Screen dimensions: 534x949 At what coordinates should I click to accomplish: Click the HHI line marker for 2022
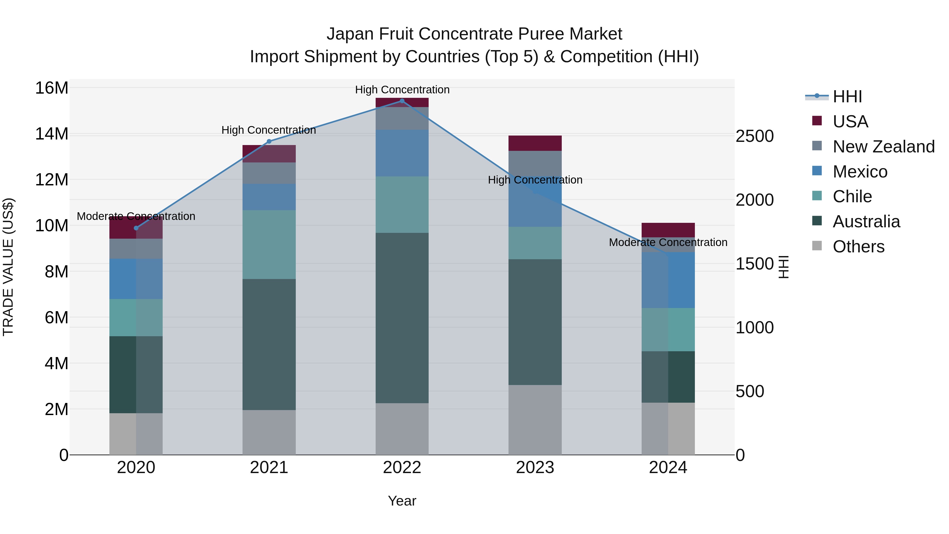(x=402, y=101)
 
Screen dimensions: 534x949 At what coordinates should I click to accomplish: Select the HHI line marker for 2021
(x=269, y=141)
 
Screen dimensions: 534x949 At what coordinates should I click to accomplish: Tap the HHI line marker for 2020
(x=136, y=228)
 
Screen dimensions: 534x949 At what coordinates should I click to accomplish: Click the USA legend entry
(x=850, y=122)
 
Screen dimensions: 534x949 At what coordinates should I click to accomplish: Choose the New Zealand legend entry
(x=883, y=147)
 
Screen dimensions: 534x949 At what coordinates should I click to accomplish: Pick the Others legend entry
(x=858, y=247)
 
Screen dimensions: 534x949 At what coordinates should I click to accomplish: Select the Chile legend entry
(x=852, y=196)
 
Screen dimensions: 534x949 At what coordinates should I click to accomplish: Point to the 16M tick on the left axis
(x=52, y=88)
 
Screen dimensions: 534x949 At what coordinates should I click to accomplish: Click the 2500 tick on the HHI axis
(x=754, y=136)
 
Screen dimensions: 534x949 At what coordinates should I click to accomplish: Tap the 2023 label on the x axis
(x=535, y=468)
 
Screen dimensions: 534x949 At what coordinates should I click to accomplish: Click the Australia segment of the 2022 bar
(x=402, y=318)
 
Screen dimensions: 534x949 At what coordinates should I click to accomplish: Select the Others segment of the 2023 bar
(x=535, y=420)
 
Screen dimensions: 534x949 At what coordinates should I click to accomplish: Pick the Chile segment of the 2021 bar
(x=269, y=244)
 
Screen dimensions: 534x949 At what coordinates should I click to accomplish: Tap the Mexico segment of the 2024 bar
(x=668, y=280)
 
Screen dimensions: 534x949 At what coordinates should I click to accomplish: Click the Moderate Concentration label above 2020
(x=136, y=216)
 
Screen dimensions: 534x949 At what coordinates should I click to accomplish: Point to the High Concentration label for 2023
(x=535, y=180)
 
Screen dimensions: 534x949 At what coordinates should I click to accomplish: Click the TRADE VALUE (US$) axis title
(x=8, y=267)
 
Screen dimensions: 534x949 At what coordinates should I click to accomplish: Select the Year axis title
(x=402, y=501)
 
